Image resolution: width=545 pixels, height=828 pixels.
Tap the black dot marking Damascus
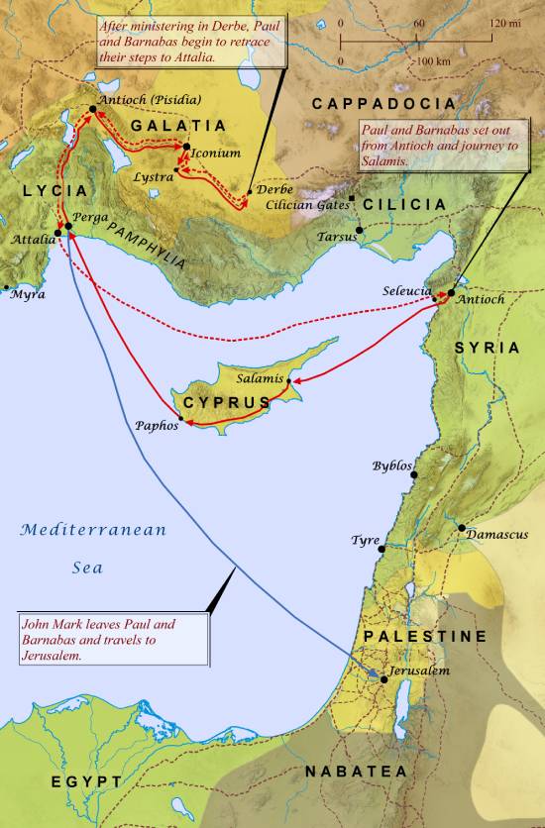click(461, 527)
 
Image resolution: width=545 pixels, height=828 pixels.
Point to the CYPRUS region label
click(226, 402)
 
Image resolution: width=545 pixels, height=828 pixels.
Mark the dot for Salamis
click(288, 380)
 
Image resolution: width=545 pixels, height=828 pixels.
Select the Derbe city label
click(274, 189)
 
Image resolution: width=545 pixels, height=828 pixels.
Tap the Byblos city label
click(390, 466)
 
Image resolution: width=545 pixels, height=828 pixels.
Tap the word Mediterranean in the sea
click(95, 530)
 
